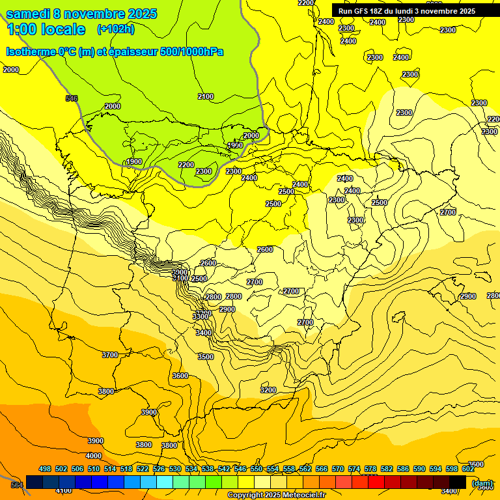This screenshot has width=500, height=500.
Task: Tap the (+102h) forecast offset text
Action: [x=115, y=29]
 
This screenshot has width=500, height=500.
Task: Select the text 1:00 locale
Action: [x=46, y=29]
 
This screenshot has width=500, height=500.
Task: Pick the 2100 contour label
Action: [x=206, y=96]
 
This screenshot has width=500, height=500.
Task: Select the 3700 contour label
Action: [x=110, y=355]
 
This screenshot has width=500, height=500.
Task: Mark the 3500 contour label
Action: [x=206, y=357]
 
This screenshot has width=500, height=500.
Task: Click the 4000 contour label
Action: [x=94, y=456]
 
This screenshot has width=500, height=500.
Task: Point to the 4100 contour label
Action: [x=64, y=490]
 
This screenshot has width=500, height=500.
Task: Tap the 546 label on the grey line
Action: [x=72, y=98]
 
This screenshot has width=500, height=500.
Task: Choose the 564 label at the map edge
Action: [x=17, y=484]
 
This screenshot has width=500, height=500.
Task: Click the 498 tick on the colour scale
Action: [x=45, y=469]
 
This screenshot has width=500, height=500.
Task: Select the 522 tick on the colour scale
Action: [x=143, y=469]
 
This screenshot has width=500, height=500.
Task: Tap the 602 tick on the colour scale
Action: [x=468, y=469]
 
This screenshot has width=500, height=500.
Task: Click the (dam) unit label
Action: [x=482, y=482]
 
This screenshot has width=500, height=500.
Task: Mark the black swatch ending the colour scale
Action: [x=458, y=482]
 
